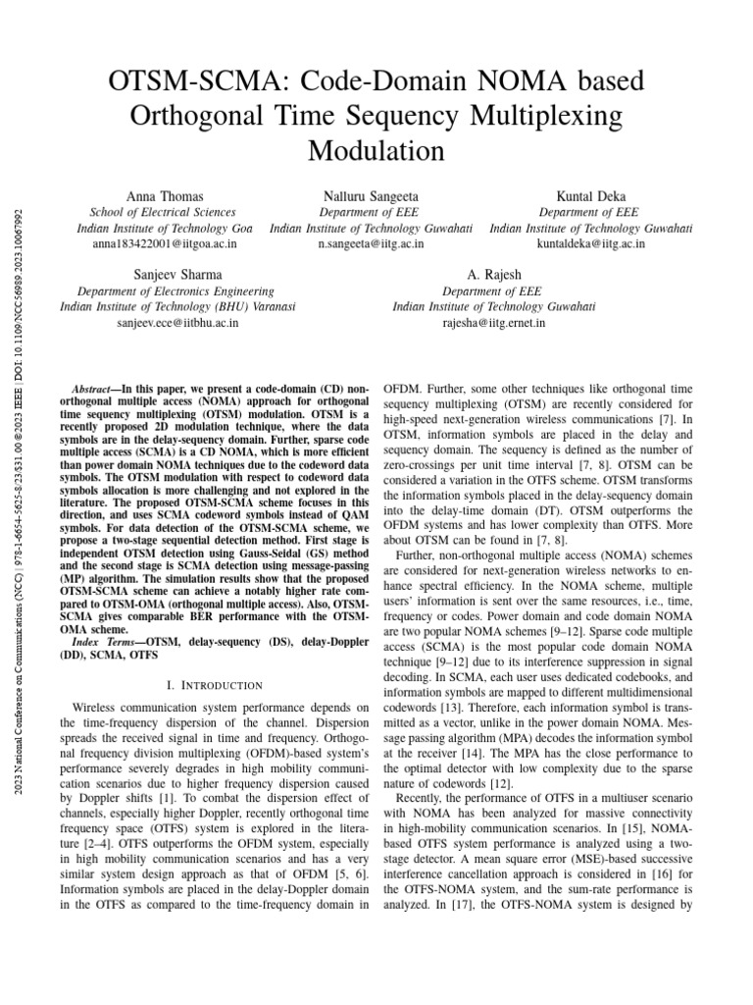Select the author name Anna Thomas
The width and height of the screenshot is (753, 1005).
(x=163, y=196)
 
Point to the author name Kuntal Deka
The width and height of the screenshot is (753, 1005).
(x=589, y=196)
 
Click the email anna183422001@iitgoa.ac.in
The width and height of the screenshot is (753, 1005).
(x=163, y=243)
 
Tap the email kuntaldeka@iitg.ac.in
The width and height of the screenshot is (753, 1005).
(x=589, y=243)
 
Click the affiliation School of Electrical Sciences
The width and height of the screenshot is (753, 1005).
(x=163, y=212)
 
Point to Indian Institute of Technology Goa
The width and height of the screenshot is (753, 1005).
(x=163, y=228)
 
